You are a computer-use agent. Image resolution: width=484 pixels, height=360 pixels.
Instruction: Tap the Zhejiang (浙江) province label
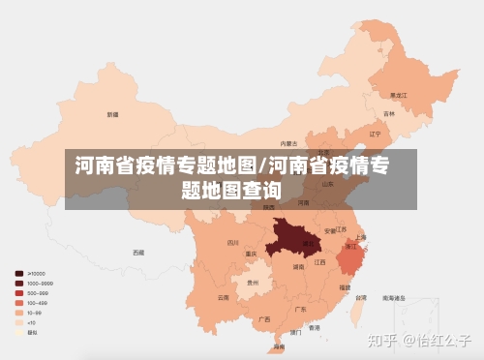tap(351, 248)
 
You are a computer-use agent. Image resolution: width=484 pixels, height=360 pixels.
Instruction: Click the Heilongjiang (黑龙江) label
tap(397, 96)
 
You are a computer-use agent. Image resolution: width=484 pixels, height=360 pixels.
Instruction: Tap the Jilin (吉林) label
tap(389, 114)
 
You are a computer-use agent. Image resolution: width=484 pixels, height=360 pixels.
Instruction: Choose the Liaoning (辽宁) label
tap(374, 133)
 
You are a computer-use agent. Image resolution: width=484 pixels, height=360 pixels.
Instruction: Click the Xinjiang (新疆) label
tap(113, 114)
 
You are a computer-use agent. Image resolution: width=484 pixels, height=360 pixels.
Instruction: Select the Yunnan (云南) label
tap(224, 297)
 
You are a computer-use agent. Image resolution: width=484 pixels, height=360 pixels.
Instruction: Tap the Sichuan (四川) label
tap(232, 243)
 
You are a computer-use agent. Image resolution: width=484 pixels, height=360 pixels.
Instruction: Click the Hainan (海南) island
tap(279, 345)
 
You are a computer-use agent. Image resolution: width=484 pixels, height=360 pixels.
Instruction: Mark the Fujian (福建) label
tap(345, 286)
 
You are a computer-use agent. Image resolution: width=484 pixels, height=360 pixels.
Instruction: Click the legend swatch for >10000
tap(19, 274)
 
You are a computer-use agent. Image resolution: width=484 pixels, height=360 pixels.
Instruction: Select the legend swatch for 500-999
tap(19, 293)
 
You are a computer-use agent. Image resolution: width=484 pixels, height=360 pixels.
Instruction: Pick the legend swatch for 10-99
tap(19, 313)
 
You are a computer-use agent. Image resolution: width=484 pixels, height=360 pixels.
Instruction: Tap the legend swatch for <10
tap(19, 322)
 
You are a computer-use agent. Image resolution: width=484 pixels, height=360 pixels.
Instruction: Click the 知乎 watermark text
tap(385, 341)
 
